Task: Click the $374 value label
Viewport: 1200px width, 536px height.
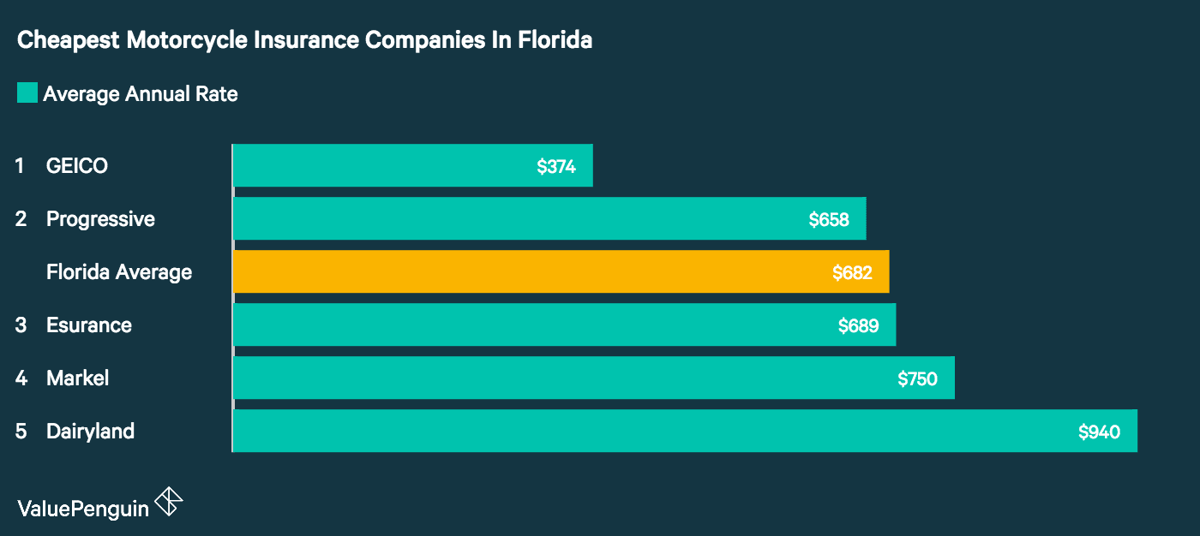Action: tap(556, 167)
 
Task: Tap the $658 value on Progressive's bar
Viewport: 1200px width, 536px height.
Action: tap(829, 220)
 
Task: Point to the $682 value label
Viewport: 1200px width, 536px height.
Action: tap(852, 273)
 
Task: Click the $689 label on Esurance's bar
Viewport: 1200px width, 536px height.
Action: tap(858, 326)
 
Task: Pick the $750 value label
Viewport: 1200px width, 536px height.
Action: tap(917, 379)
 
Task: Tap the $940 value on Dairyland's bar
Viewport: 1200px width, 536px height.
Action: tap(1099, 432)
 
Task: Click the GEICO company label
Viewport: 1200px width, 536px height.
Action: tap(77, 166)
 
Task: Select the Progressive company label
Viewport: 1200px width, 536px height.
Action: tap(100, 219)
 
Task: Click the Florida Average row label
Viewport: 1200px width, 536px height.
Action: tap(119, 272)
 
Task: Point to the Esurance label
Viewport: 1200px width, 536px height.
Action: tap(89, 325)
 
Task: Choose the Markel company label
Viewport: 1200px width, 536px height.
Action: tap(77, 378)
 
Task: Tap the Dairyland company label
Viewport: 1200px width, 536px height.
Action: tap(90, 432)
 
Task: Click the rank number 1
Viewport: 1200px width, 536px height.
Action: tap(20, 166)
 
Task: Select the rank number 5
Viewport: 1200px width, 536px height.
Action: tap(21, 432)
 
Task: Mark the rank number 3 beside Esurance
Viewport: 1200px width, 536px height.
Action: tap(21, 325)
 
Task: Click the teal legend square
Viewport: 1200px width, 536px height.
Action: tap(27, 93)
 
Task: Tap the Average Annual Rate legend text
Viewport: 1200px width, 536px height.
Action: tap(141, 94)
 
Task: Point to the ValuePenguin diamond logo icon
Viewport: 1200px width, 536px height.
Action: tap(168, 502)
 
